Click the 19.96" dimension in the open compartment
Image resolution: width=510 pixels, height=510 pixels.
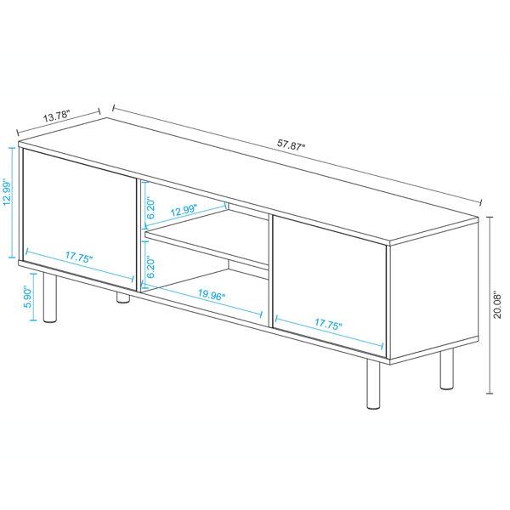[x=207, y=297]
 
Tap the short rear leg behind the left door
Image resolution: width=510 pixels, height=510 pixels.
[x=123, y=295]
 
